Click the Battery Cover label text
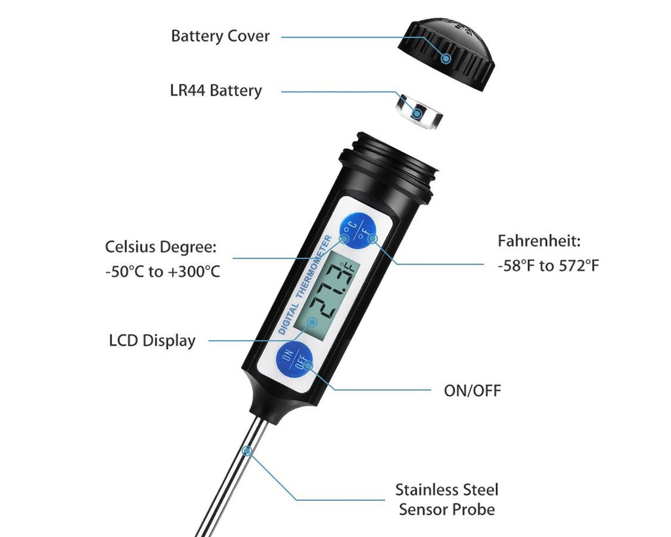tap(220, 37)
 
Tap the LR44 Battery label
tap(216, 90)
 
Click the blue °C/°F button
tap(358, 231)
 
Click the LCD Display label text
tap(152, 341)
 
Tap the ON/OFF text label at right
tap(472, 391)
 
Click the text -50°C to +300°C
tap(163, 272)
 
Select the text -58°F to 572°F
tap(548, 266)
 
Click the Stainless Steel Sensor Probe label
tap(447, 500)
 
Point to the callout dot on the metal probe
tap(247, 451)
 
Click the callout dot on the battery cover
tap(446, 58)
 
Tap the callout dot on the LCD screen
tap(313, 323)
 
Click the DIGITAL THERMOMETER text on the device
tap(305, 285)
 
